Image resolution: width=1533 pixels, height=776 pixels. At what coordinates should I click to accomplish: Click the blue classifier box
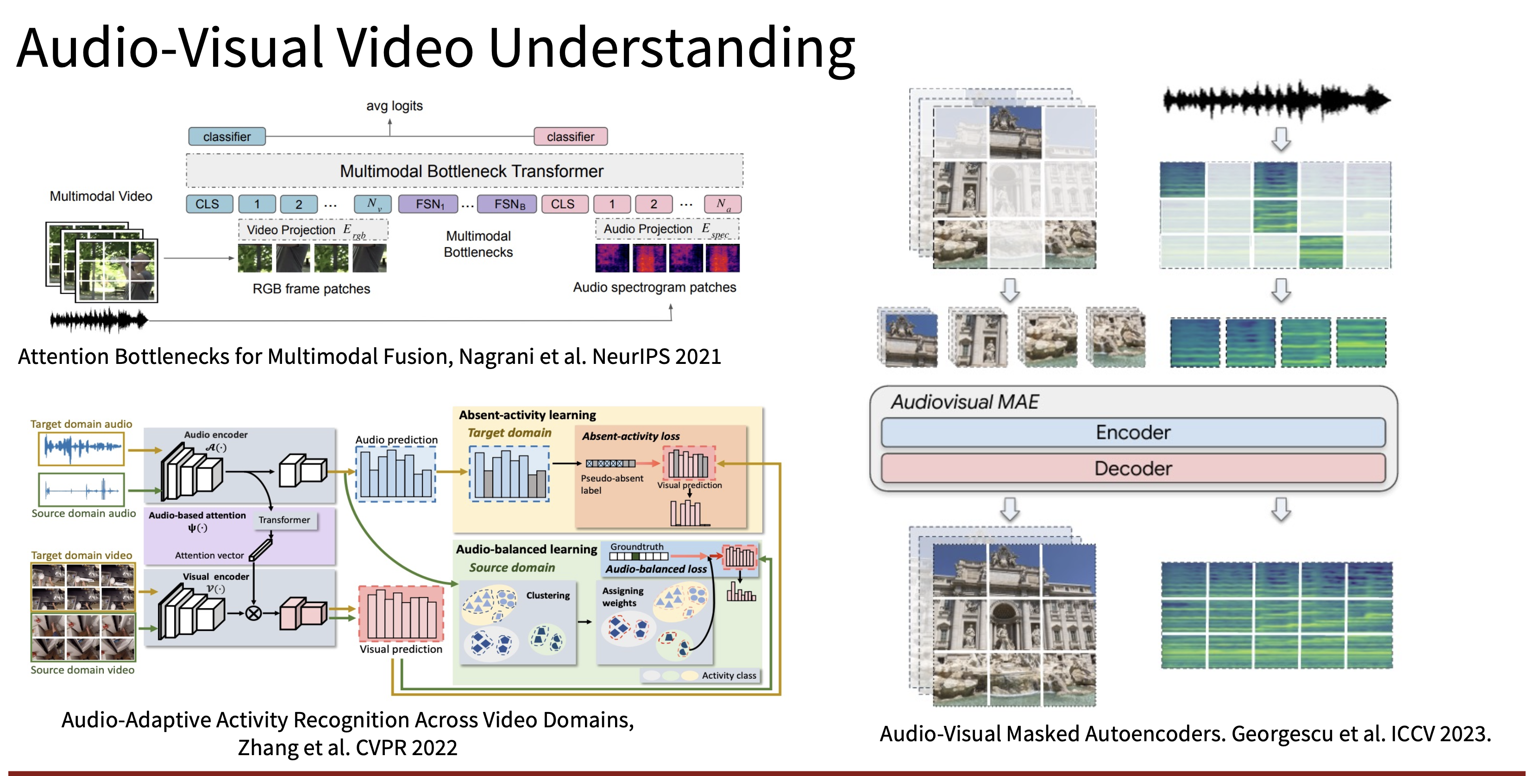(227, 136)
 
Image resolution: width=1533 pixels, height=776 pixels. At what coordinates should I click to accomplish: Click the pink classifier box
(571, 136)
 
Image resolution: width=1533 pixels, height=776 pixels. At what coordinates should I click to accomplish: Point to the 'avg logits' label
(394, 106)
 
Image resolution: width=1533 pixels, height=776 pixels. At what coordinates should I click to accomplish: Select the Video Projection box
(313, 230)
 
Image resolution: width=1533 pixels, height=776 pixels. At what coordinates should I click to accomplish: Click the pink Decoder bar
(1133, 468)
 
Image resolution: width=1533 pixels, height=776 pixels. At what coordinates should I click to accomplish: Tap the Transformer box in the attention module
(284, 520)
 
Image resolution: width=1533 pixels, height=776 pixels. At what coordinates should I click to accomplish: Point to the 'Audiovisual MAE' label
(965, 402)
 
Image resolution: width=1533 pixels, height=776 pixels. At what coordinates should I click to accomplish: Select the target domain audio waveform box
(82, 448)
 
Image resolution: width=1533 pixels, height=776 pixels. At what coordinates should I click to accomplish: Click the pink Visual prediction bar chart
(401, 613)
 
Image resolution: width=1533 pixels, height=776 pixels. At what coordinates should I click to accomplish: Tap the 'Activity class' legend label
(729, 675)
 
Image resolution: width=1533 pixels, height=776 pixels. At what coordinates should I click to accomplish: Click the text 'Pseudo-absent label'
(612, 484)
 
